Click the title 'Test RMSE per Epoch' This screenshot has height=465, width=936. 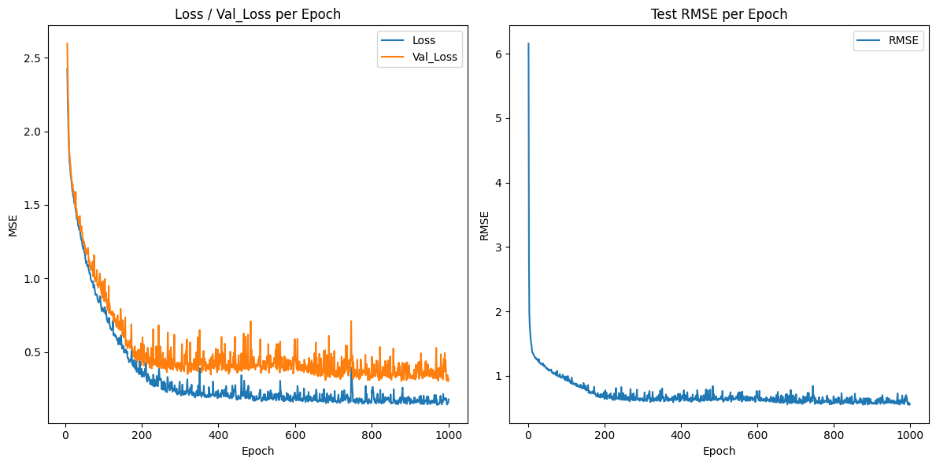(719, 13)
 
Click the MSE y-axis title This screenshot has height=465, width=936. (13, 225)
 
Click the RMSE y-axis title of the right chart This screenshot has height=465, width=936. (484, 225)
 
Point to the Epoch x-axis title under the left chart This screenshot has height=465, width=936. (257, 451)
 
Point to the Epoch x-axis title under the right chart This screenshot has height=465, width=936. (719, 451)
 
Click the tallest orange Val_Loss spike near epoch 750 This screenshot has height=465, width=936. (351, 322)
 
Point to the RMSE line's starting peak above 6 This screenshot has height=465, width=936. (528, 44)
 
